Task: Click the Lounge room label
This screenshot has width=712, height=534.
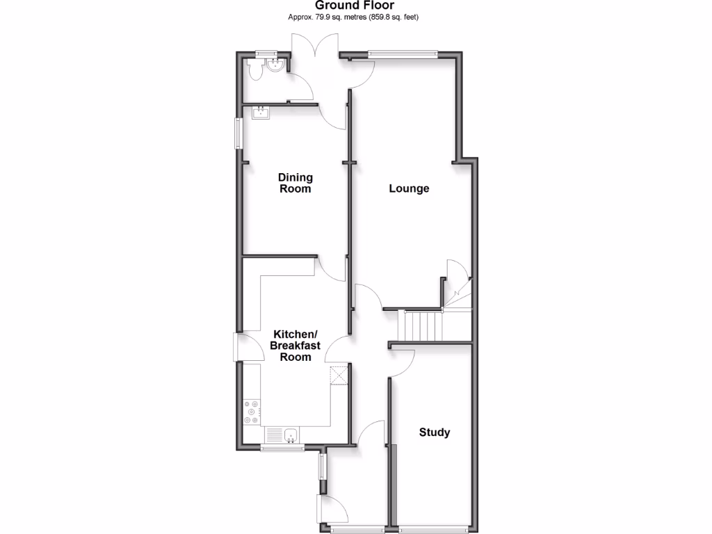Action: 409,188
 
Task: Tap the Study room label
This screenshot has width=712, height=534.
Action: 434,432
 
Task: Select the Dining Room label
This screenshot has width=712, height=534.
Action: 295,183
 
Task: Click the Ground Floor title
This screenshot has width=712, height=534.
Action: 355,6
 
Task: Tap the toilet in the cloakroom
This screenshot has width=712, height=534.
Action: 254,69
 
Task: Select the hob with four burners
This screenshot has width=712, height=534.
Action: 251,412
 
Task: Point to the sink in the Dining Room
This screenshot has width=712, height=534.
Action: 261,113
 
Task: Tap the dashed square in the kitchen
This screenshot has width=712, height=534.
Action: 339,374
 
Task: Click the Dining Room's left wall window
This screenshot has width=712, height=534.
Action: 238,133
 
